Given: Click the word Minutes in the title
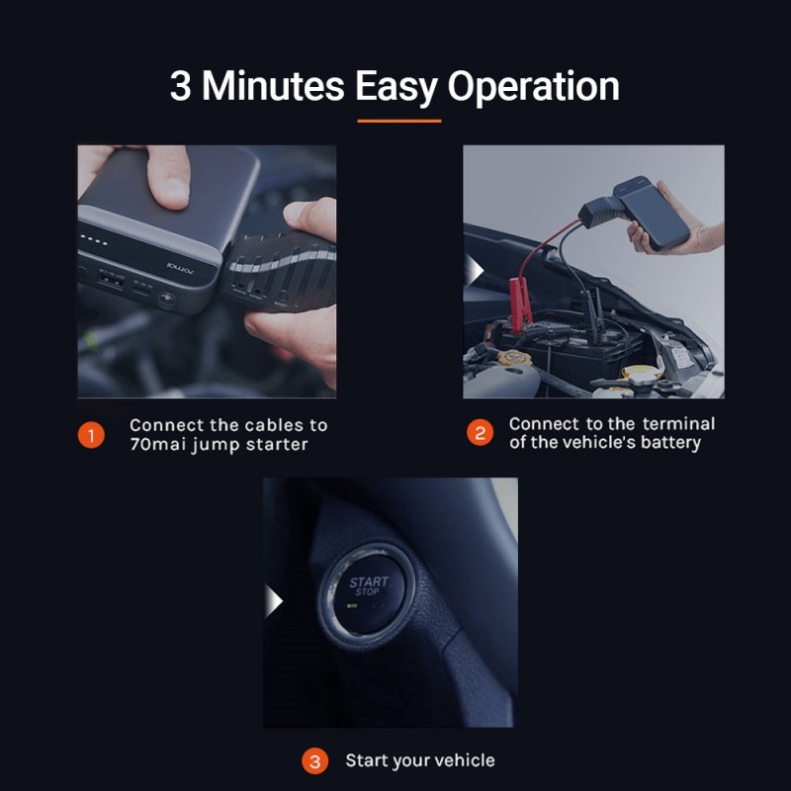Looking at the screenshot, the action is pos(273,86).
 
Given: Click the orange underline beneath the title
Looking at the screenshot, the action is pos(399,121).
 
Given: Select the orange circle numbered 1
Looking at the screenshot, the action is pos(91,435).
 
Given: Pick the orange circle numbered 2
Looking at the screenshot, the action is pos(480,432).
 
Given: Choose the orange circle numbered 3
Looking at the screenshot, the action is pos(314,761).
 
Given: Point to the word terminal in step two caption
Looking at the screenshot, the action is pos(678,423).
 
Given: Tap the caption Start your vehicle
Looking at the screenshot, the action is pos(419,760).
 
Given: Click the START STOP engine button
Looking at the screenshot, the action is pos(369,595).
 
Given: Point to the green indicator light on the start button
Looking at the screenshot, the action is pos(352,605).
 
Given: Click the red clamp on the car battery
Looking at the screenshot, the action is pos(521,306).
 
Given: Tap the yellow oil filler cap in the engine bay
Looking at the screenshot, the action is pos(514,357).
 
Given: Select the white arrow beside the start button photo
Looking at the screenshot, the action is pos(274,601).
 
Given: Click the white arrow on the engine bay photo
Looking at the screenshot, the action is pos(475,270).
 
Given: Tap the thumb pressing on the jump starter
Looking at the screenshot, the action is pos(168,177).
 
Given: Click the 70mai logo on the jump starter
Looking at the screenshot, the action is pos(180,268).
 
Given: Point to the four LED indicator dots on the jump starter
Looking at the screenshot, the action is pos(94,239).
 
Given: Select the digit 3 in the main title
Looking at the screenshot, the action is pos(181,86).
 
